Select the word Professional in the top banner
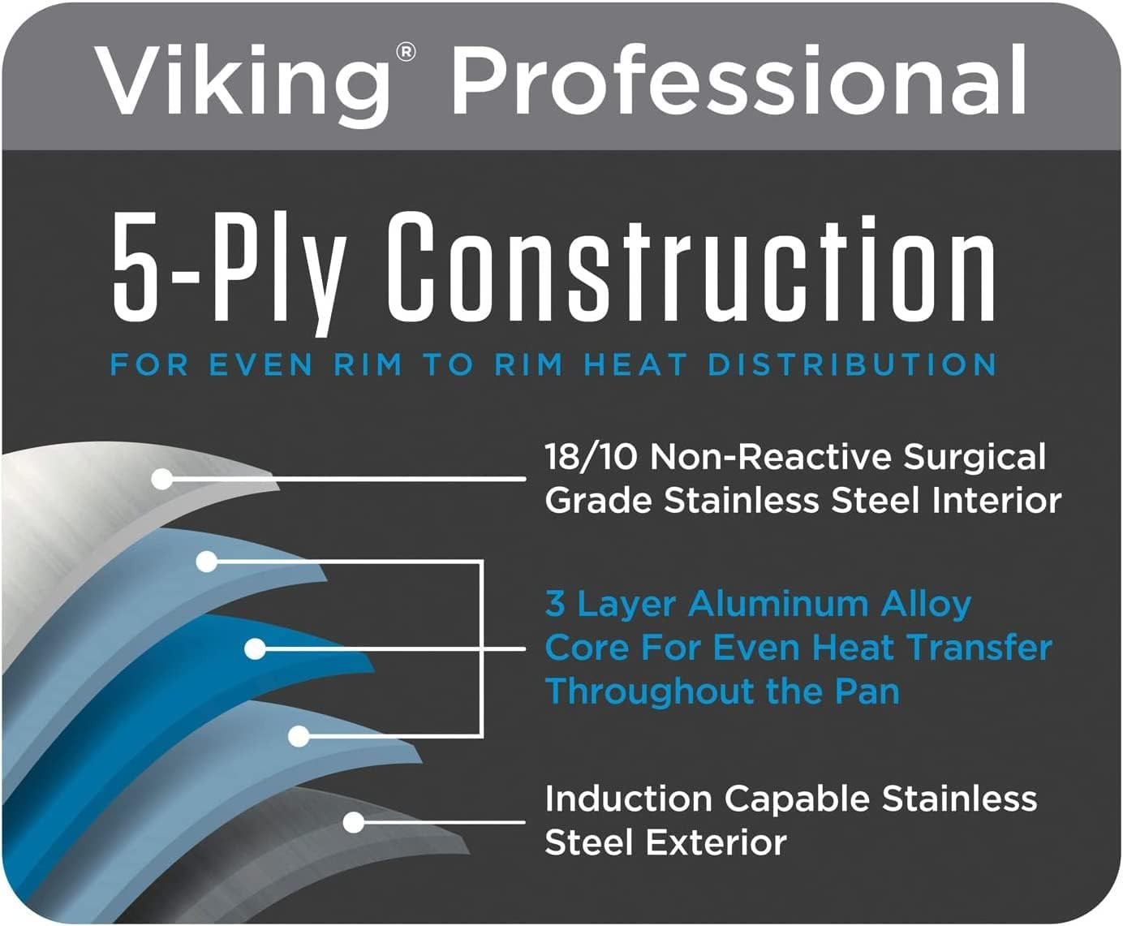738,79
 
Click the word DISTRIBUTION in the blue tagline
852,364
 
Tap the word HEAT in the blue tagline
635,364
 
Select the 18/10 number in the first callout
592,458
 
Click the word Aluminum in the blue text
777,605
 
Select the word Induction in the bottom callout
629,799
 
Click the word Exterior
716,842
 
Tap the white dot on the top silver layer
162,479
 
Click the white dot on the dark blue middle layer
255,649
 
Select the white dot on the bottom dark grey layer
353,822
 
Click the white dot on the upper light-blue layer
207,562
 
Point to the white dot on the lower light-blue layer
299,736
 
